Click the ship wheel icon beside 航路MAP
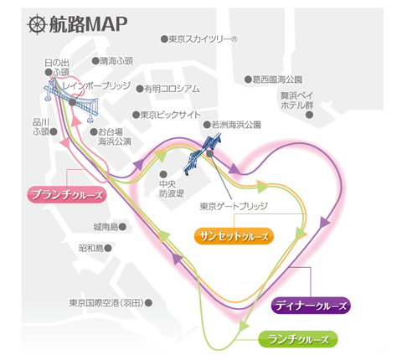click(37, 24)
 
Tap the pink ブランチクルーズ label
click(67, 194)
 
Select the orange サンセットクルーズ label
click(234, 236)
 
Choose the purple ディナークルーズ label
click(311, 306)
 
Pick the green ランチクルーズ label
click(298, 339)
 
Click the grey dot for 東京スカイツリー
click(164, 39)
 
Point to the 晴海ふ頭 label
click(116, 61)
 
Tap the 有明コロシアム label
click(172, 89)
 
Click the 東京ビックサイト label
click(170, 115)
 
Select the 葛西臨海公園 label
click(277, 80)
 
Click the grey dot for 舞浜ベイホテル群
click(309, 115)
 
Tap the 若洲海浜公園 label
click(236, 125)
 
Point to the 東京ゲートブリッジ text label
click(234, 206)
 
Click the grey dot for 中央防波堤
click(163, 174)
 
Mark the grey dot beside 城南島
click(122, 227)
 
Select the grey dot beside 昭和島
click(108, 248)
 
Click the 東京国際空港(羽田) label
click(106, 303)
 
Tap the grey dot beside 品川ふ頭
click(54, 131)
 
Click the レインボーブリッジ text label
click(96, 85)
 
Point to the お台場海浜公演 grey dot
click(94, 131)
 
